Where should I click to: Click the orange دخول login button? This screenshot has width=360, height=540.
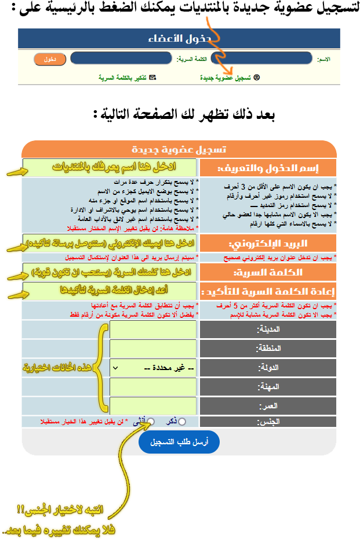(50, 59)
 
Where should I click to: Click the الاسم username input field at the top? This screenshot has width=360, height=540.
(261, 59)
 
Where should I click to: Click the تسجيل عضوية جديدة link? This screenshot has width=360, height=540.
(226, 77)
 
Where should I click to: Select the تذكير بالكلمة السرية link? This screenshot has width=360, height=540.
(123, 77)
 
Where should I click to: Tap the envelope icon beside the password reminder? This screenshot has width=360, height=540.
(152, 77)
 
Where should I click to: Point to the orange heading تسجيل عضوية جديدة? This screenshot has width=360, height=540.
(179, 149)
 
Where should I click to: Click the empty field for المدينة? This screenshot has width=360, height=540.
(153, 329)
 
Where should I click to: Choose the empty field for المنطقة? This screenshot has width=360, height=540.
(153, 349)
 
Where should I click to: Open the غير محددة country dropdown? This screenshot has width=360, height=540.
(153, 368)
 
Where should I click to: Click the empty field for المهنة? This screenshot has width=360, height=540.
(153, 386)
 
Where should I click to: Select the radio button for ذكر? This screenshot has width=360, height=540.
(182, 422)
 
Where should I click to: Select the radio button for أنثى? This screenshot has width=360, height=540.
(151, 422)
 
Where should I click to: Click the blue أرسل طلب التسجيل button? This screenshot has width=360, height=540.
(179, 442)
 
